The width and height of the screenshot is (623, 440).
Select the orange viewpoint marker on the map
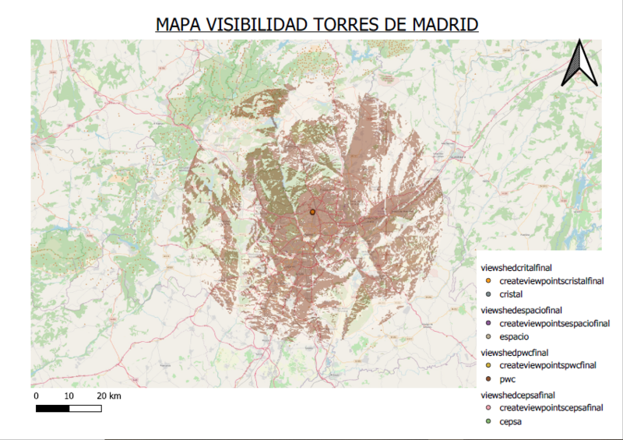pos(312,211)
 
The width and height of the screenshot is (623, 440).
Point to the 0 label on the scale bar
pos(37,396)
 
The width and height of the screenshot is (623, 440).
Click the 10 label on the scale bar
pos(69,396)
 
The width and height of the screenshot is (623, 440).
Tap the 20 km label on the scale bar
pos(109,396)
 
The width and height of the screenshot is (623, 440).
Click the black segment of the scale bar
pos(53,407)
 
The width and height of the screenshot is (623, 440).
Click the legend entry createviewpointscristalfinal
pos(551,280)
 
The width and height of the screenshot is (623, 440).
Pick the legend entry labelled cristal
pos(511,294)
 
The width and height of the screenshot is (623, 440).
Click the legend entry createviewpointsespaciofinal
pos(553,322)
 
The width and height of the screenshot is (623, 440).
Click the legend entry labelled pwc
pos(508,379)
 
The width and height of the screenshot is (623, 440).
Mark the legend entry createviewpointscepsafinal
pos(550,407)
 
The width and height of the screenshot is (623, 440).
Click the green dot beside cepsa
pos(487,421)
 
